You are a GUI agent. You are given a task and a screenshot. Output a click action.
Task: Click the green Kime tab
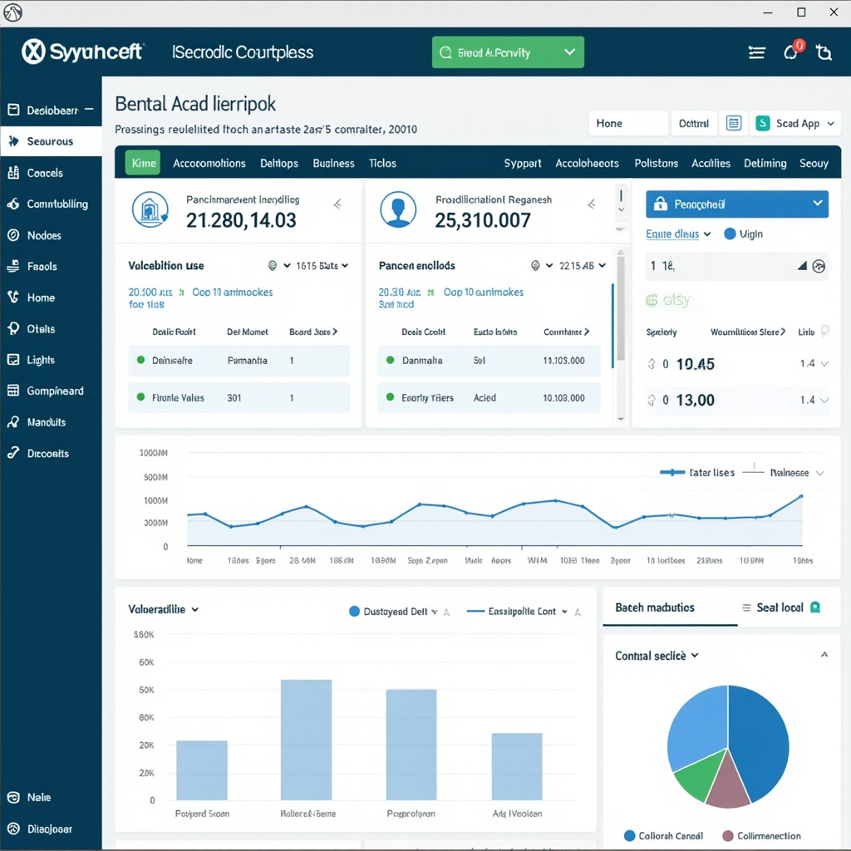click(143, 163)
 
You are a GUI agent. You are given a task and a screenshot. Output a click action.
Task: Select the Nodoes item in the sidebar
click(44, 235)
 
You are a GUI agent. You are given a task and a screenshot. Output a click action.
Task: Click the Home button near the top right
click(627, 123)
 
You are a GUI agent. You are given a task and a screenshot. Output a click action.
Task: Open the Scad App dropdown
click(796, 123)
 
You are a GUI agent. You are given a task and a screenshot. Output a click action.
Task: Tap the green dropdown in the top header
click(508, 52)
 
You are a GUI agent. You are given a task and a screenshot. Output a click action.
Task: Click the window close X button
click(834, 12)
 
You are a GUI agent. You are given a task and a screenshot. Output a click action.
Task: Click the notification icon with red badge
click(792, 52)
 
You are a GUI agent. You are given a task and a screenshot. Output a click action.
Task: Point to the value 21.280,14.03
click(241, 220)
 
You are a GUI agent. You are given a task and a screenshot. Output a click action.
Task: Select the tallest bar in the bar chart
click(306, 739)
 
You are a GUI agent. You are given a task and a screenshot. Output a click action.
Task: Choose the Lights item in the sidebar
click(40, 360)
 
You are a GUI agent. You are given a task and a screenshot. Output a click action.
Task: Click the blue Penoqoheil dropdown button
click(736, 204)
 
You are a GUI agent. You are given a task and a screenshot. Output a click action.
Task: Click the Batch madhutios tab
click(655, 608)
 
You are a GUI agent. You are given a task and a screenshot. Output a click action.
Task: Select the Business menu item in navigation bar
click(333, 163)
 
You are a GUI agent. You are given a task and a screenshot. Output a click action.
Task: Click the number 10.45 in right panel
click(695, 364)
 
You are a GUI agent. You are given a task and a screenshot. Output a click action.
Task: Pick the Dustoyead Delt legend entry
click(389, 611)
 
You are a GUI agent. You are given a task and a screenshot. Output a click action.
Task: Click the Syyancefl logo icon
click(33, 52)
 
